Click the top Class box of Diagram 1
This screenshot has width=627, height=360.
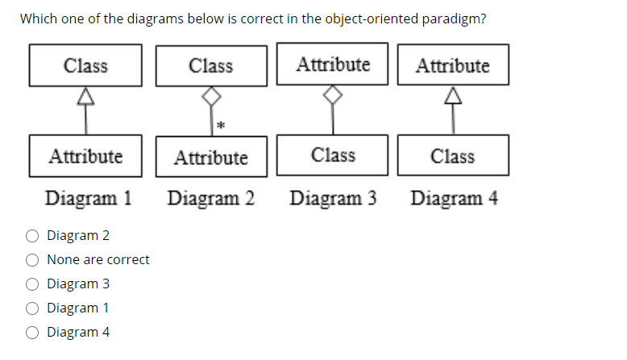[x=85, y=65]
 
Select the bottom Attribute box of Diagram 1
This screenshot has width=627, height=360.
[x=85, y=155]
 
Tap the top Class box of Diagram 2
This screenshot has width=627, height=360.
[x=210, y=65]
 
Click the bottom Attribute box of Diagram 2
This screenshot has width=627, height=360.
[x=210, y=156]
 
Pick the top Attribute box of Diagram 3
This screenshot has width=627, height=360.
[x=333, y=64]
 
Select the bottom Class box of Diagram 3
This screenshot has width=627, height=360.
[x=333, y=155]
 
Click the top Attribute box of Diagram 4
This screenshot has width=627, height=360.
[x=452, y=65]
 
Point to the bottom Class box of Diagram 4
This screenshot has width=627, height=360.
[x=452, y=155]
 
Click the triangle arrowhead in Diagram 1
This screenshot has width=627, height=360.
[x=85, y=97]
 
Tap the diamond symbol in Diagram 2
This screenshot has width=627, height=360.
[x=210, y=97]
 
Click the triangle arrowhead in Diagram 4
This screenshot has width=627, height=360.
[x=452, y=97]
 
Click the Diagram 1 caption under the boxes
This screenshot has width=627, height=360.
[x=89, y=198]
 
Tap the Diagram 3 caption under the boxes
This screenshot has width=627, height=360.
[x=333, y=198]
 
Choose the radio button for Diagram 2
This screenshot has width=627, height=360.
[x=33, y=236]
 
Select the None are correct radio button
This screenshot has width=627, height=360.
[x=33, y=260]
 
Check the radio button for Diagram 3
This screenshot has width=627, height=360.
[x=33, y=284]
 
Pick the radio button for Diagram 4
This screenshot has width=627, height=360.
[x=33, y=333]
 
